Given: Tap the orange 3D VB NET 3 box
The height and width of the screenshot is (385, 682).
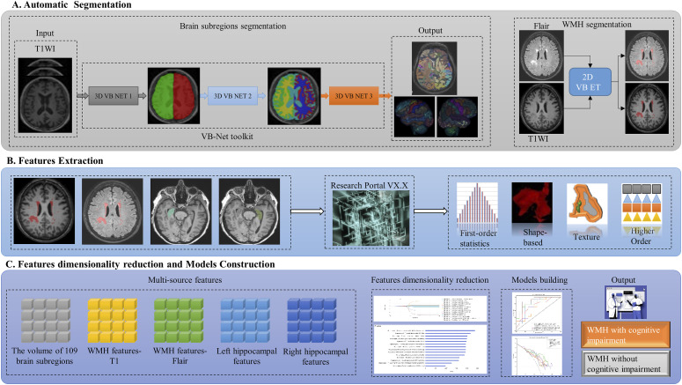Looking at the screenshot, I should click(357, 91).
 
